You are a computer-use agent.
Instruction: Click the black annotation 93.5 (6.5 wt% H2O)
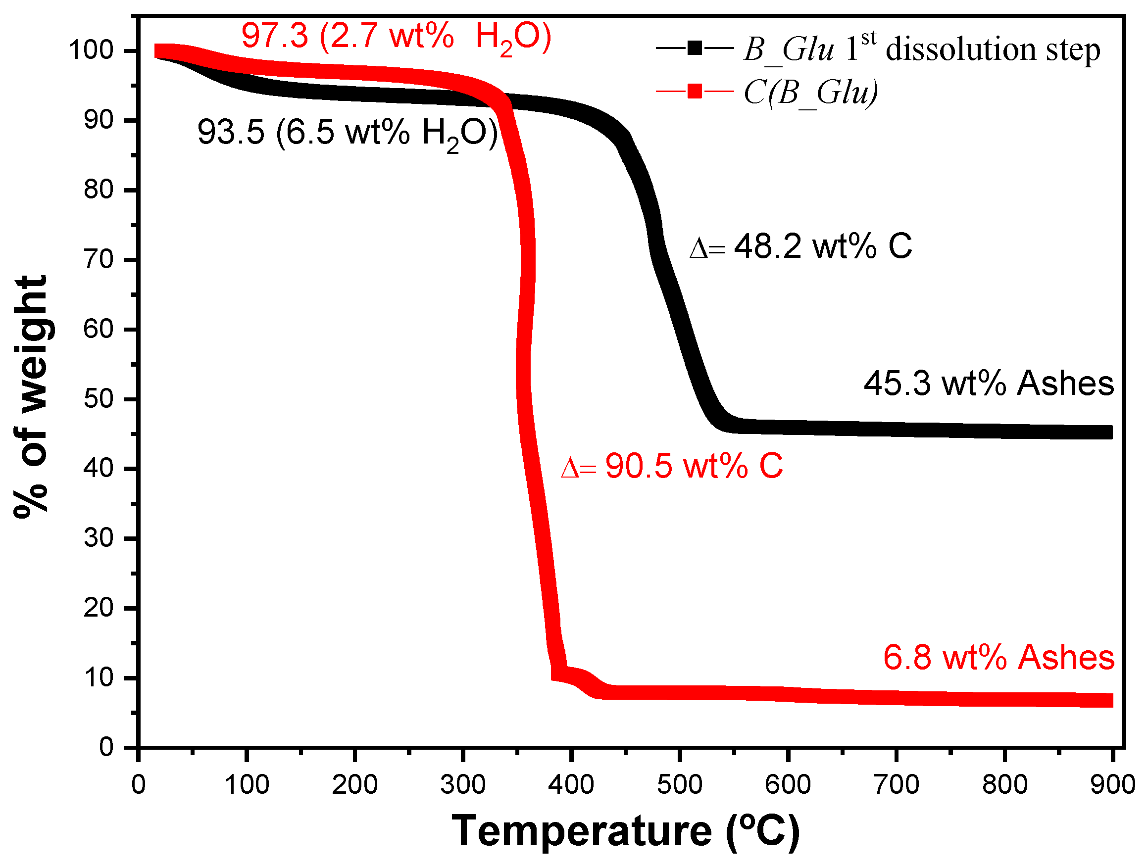[347, 133]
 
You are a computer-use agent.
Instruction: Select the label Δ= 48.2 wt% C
[800, 246]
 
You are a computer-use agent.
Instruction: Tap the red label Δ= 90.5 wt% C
[672, 466]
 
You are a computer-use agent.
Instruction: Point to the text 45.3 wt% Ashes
[988, 384]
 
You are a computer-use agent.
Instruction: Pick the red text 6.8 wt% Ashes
[998, 657]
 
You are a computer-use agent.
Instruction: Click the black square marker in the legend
[695, 48]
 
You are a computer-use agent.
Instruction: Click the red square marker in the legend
[695, 92]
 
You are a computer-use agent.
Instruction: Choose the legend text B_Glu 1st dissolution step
[921, 50]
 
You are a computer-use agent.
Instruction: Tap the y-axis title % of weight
[31, 397]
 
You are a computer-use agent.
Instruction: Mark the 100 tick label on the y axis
[92, 51]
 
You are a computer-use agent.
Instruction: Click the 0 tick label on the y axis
[106, 748]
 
